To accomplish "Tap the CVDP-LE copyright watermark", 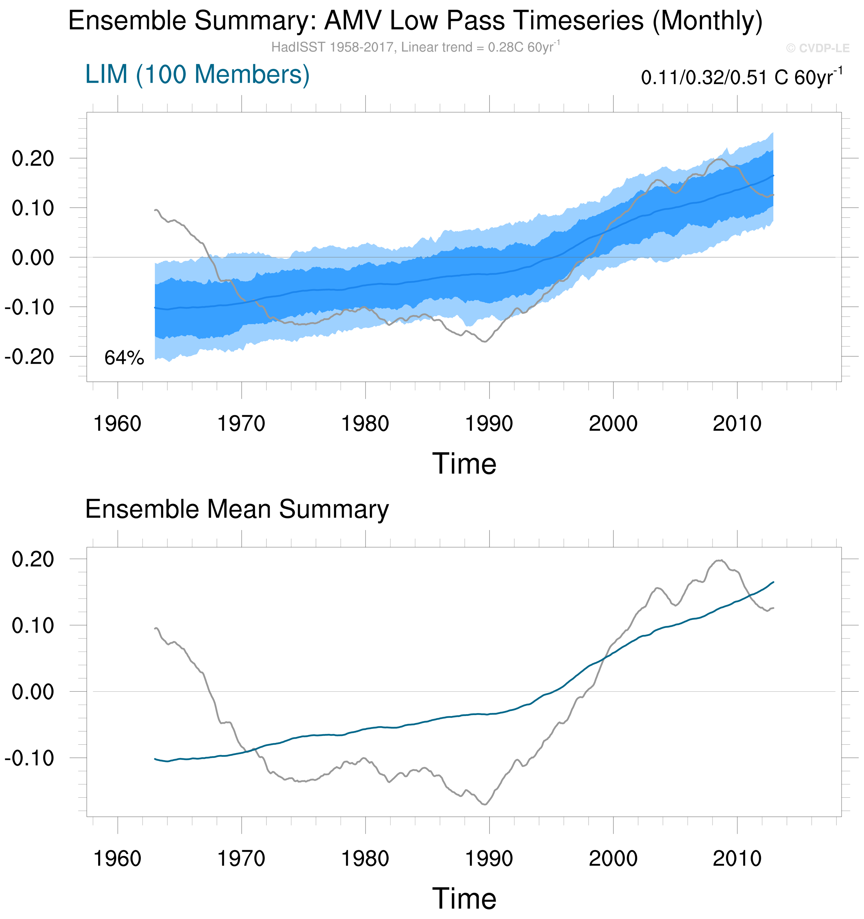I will click(x=817, y=48).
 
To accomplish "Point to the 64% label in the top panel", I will click(x=124, y=358).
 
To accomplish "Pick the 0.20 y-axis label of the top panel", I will click(x=33, y=158).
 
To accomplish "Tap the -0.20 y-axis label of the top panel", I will click(x=30, y=357).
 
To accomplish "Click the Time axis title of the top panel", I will click(x=464, y=464).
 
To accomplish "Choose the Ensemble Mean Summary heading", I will click(x=237, y=509).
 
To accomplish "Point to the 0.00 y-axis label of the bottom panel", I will click(x=33, y=692).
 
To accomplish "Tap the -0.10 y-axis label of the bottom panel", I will click(x=30, y=758).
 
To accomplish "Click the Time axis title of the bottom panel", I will click(x=464, y=899).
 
